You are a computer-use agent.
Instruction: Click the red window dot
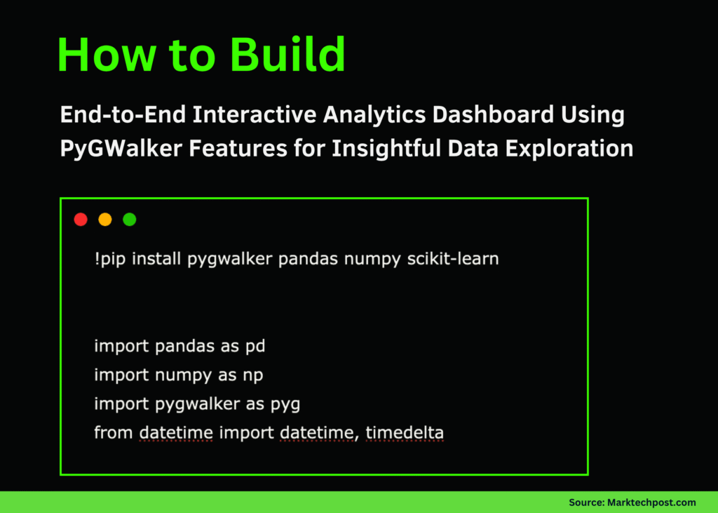click(x=81, y=220)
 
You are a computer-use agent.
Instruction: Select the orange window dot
click(x=105, y=220)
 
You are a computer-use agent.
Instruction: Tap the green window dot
click(x=130, y=220)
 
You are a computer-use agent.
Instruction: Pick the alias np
click(x=253, y=375)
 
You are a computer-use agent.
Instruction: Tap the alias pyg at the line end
click(x=285, y=405)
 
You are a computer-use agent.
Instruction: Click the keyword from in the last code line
click(x=113, y=433)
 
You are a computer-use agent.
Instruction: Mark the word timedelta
click(x=405, y=433)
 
